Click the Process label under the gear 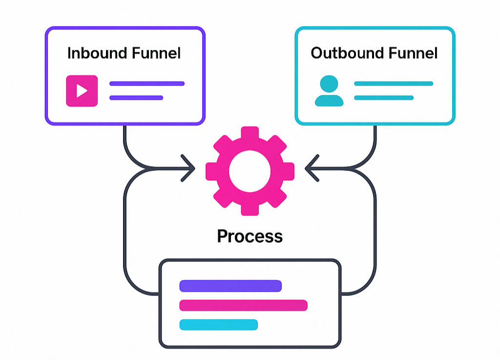tap(250, 236)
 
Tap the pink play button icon tap(82, 90)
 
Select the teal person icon tap(329, 91)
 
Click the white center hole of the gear tap(250, 170)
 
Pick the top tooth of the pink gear tap(250, 133)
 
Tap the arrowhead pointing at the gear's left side tap(189, 169)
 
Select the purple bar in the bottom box tap(230, 286)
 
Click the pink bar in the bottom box tap(243, 305)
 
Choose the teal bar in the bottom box tap(218, 324)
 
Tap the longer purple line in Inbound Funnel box tap(147, 84)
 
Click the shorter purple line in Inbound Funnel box tap(136, 98)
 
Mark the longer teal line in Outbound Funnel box tap(394, 84)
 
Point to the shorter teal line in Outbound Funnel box tap(384, 98)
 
